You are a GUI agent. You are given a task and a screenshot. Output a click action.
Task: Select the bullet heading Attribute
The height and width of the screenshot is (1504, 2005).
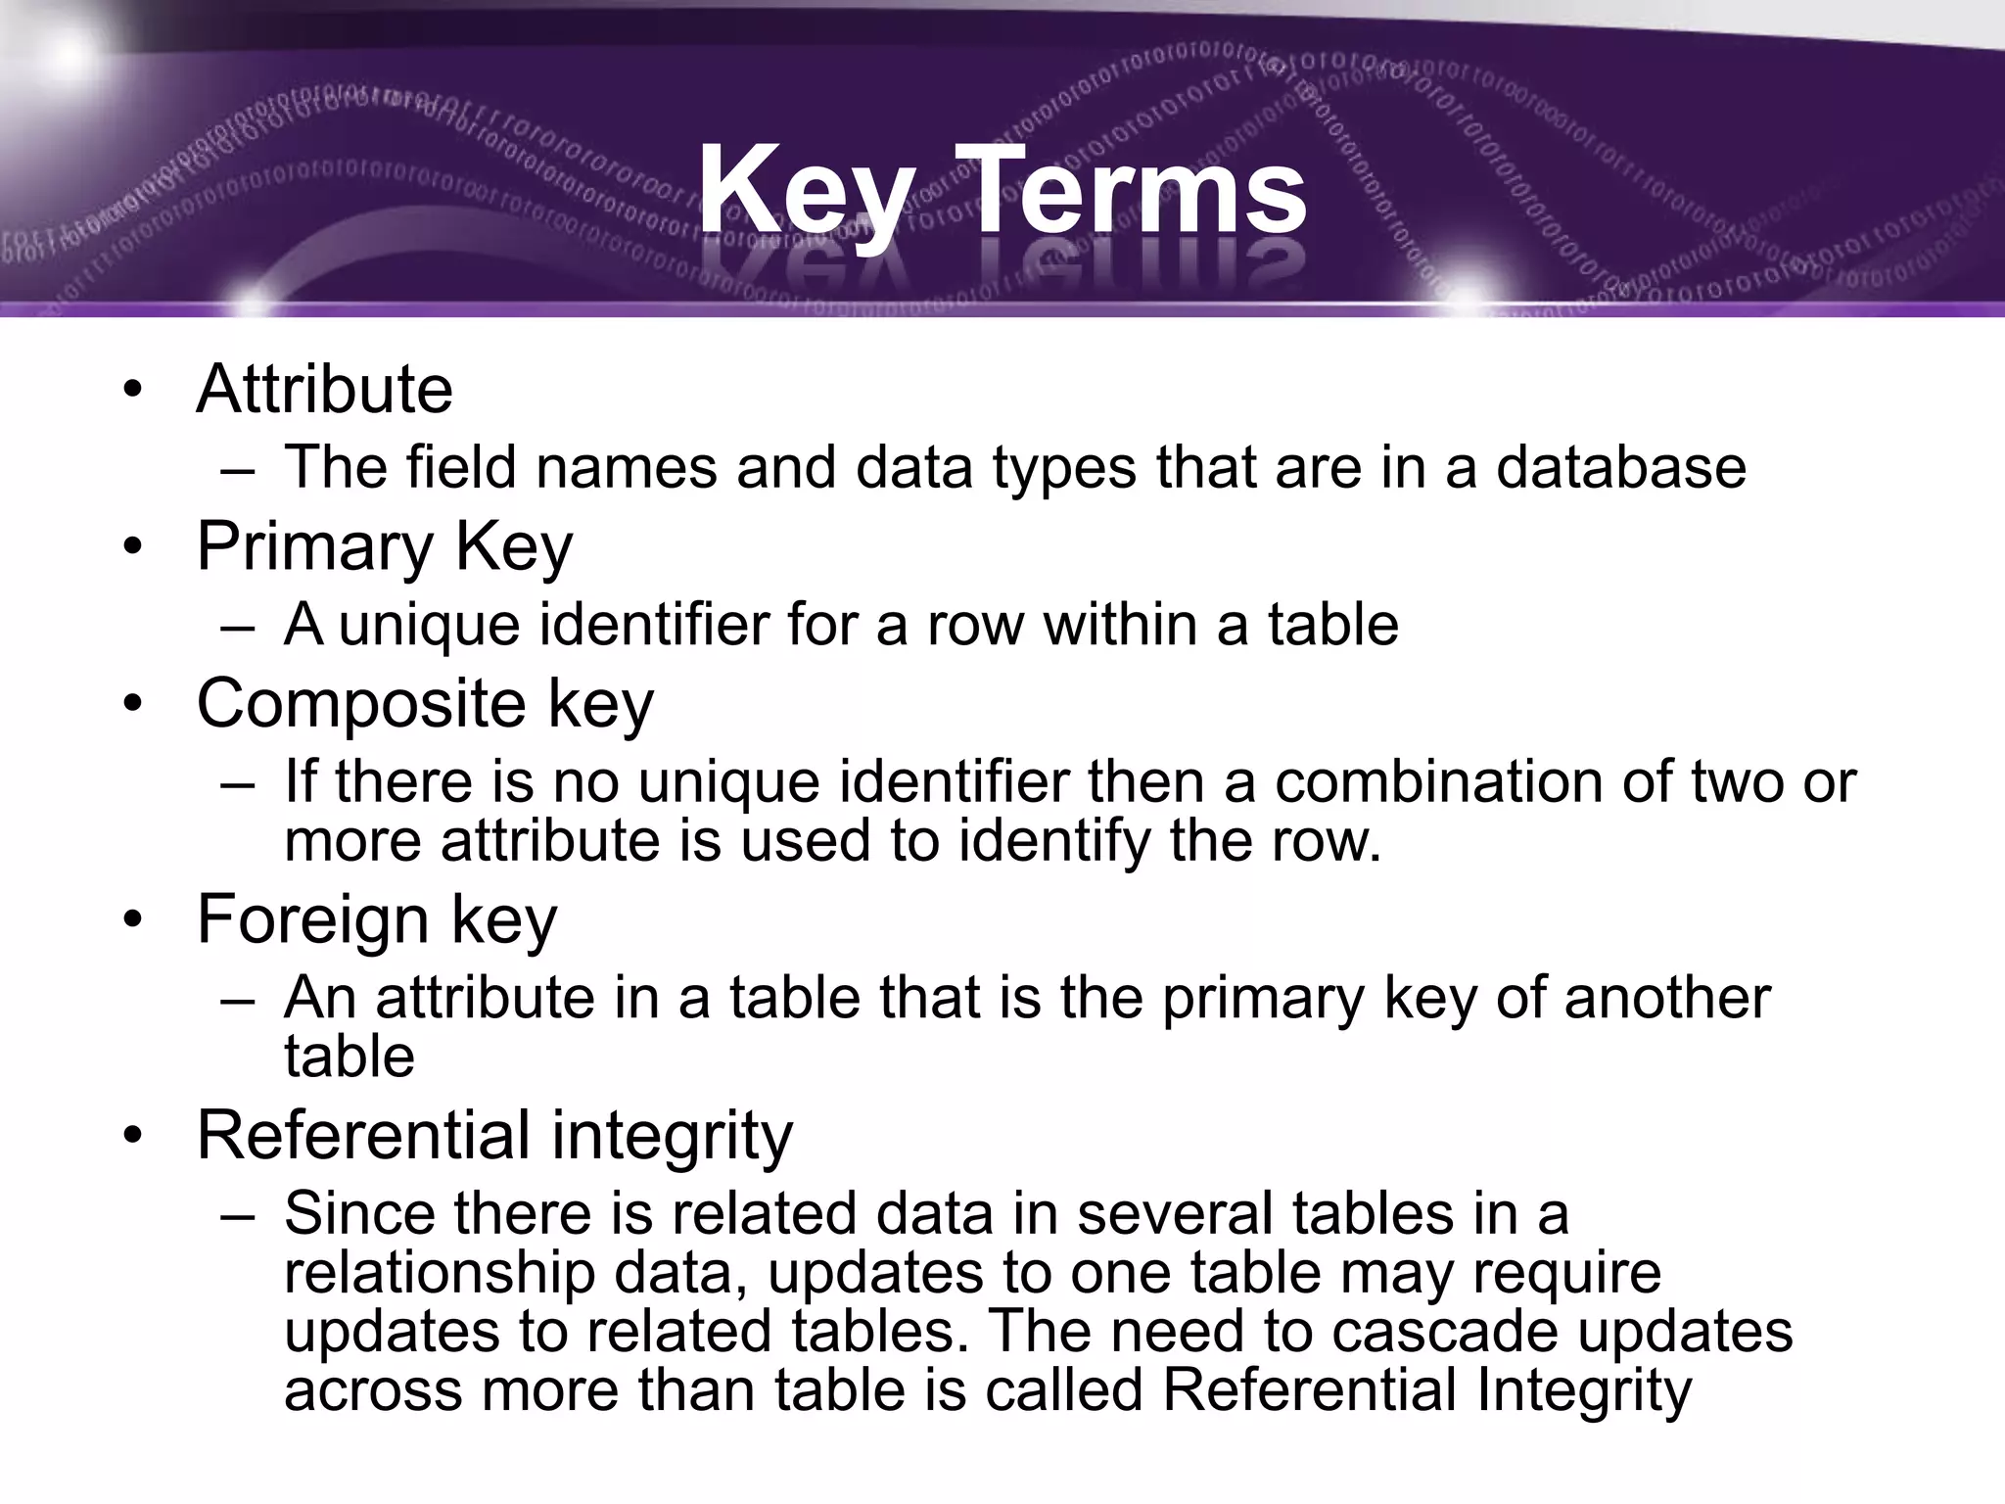point(324,390)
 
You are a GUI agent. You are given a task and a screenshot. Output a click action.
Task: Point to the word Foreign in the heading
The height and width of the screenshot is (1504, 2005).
point(312,920)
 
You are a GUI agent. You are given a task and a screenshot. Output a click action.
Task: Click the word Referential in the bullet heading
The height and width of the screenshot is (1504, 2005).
point(362,1136)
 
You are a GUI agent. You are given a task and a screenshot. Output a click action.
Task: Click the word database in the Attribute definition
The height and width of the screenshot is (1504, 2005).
point(1620,467)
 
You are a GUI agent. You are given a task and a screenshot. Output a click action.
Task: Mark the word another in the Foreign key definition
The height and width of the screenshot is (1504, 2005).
point(1667,999)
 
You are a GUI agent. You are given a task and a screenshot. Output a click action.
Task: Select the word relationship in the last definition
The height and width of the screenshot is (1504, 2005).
point(440,1274)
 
